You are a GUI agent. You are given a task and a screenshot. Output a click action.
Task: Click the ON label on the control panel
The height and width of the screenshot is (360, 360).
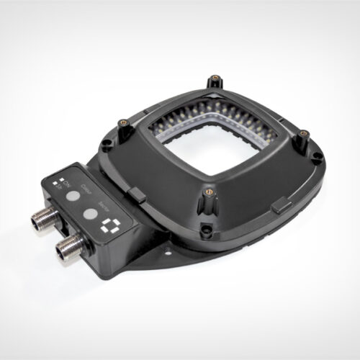click(x=68, y=185)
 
